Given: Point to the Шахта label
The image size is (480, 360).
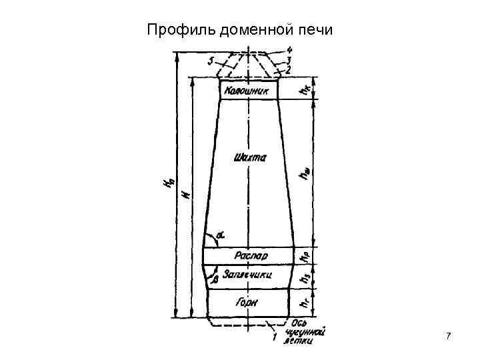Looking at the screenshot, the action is (250, 158).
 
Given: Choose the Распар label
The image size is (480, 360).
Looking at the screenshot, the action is (250, 255).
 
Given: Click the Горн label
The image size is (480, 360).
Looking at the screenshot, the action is (247, 303).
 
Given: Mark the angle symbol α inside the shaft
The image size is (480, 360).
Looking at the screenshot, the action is (220, 235).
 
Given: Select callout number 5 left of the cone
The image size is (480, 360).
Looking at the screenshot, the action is (211, 60).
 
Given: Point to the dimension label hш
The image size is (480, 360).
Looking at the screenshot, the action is (305, 175).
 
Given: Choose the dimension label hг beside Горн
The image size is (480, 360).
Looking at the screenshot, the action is (304, 303).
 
